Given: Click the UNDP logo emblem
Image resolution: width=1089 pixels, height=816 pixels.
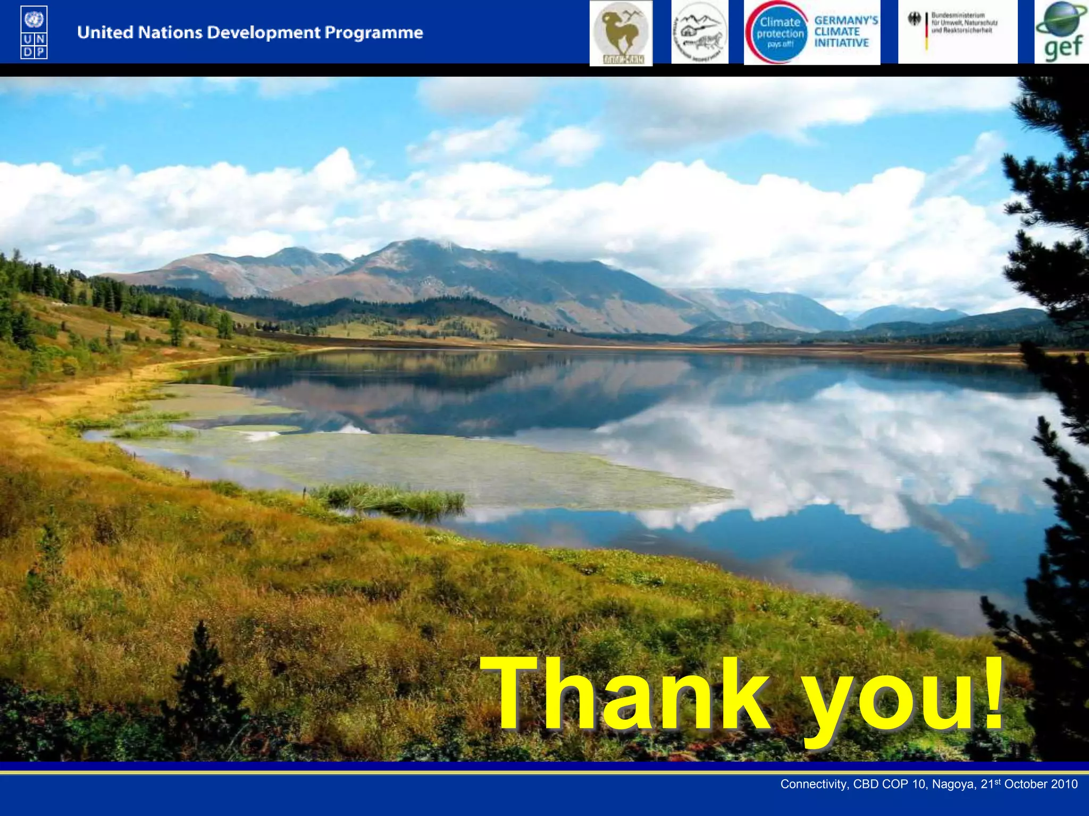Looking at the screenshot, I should point(34,32).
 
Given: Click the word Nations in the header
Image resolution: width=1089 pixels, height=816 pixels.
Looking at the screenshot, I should point(170,32).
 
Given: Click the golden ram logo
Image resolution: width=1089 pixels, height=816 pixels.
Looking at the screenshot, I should point(621,33).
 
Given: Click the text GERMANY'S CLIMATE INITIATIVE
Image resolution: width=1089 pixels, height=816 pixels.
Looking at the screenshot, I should point(845,32).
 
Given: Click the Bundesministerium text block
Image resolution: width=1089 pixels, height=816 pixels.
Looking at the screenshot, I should point(964,23).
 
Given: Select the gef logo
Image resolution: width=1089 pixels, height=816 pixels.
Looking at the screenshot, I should point(1062,32).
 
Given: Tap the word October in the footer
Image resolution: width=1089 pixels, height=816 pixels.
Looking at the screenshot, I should point(1024,784).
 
